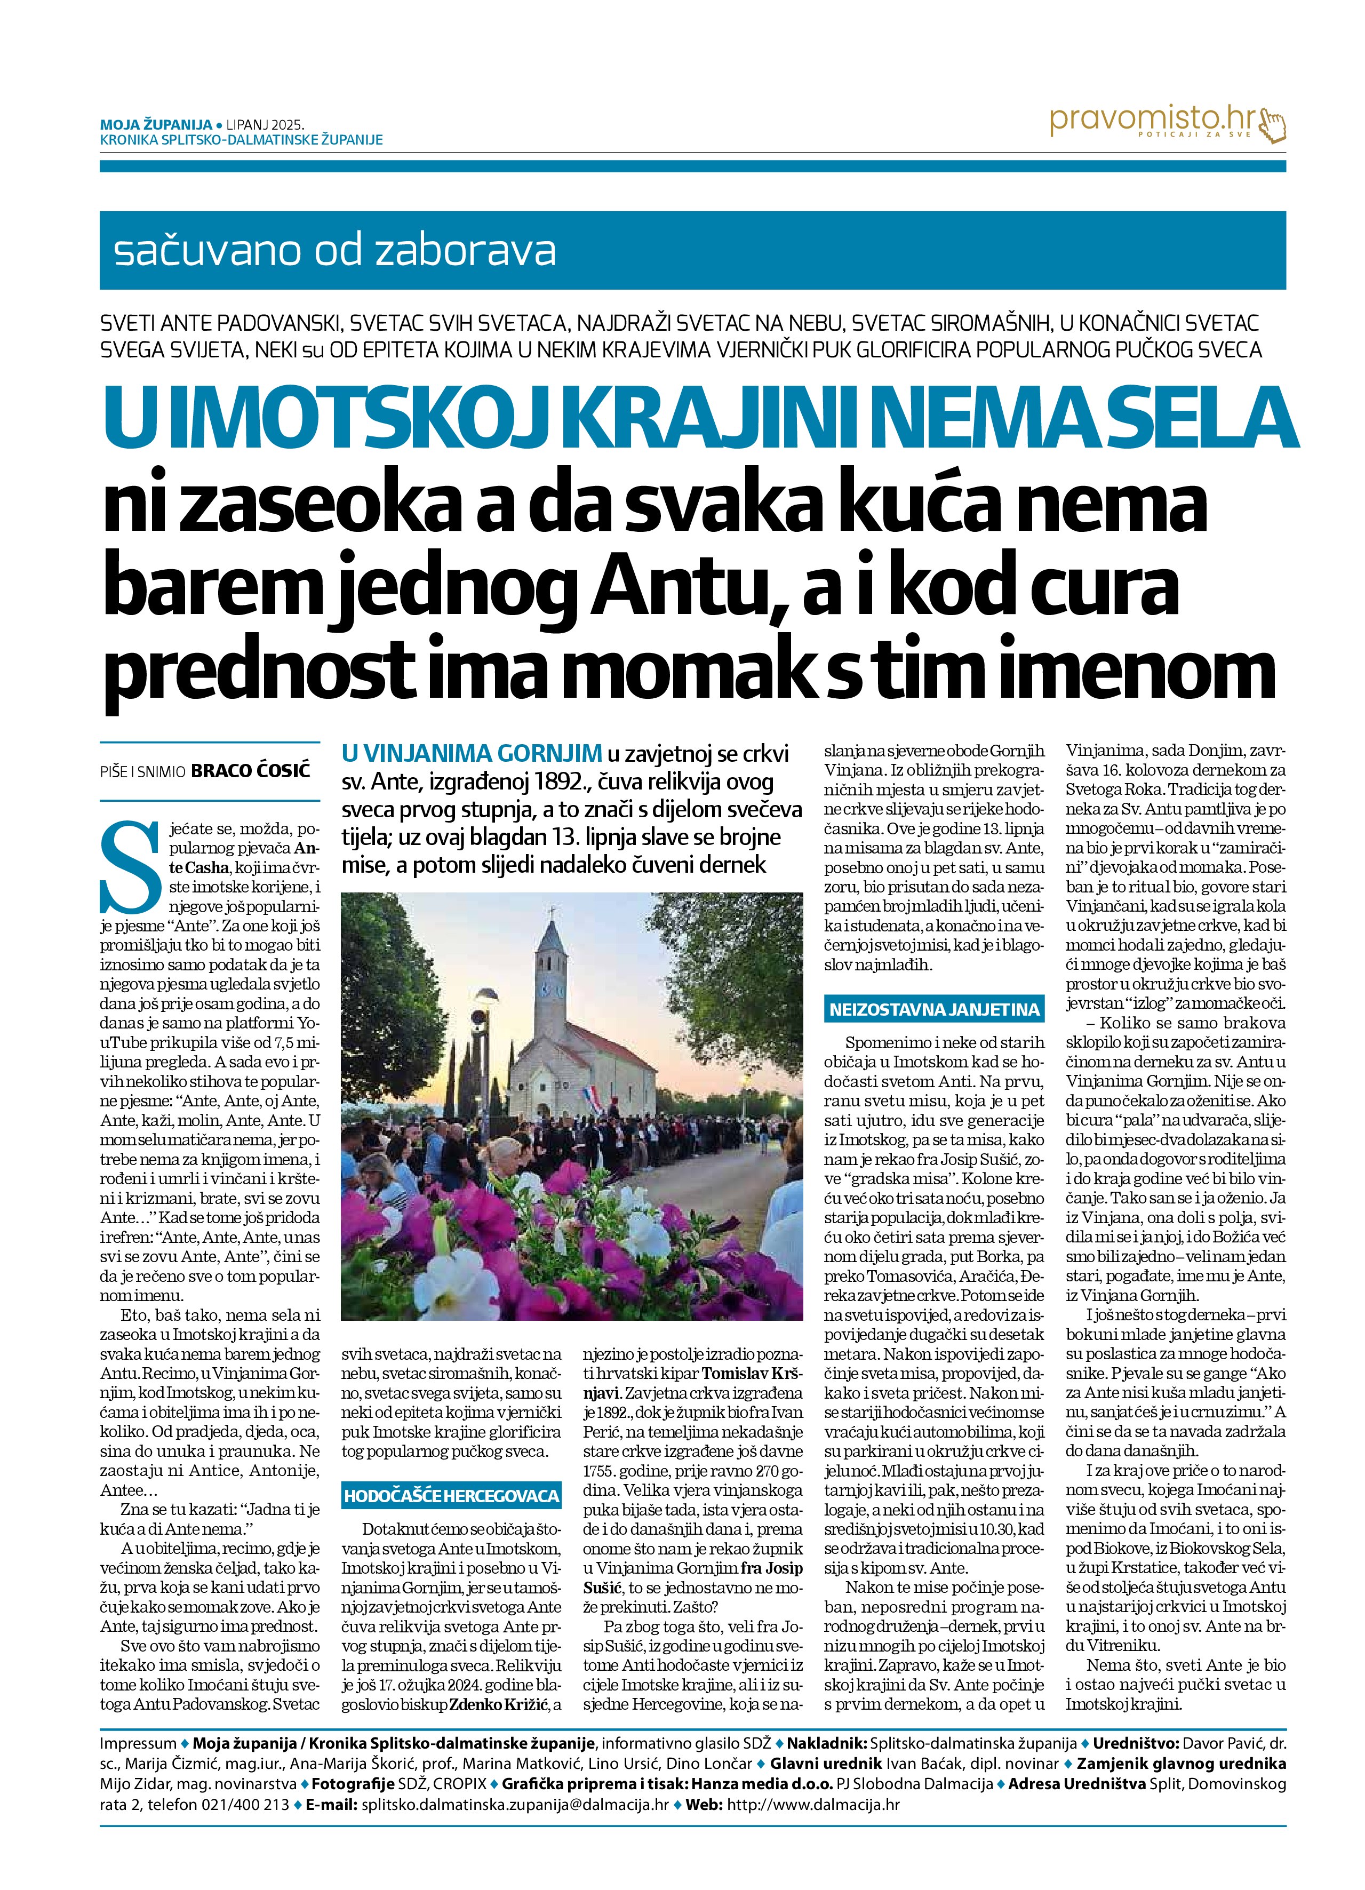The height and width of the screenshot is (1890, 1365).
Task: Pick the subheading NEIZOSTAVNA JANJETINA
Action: (933, 1010)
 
